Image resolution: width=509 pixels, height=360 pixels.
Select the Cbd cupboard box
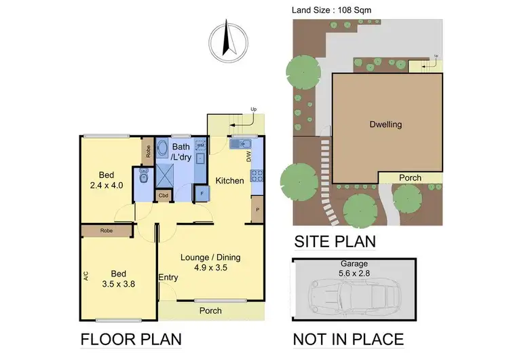(164, 196)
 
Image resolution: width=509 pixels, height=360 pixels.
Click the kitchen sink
(241, 144)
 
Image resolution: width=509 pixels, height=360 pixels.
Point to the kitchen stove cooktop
(257, 175)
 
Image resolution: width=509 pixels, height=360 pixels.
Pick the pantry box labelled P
(257, 209)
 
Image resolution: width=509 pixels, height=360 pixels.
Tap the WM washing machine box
(201, 145)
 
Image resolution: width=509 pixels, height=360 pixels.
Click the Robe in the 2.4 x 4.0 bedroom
(147, 151)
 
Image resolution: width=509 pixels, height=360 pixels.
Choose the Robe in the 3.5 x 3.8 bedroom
(107, 231)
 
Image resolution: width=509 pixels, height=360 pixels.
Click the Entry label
(168, 277)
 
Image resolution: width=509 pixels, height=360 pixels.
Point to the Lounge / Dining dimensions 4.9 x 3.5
(210, 268)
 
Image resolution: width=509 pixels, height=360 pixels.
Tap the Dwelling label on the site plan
(385, 124)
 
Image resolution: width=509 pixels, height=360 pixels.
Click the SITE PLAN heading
(334, 241)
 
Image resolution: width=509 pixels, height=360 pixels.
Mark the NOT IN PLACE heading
(347, 339)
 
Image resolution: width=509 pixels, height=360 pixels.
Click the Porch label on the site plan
(410, 178)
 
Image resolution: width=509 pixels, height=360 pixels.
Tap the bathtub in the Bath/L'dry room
(164, 149)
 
